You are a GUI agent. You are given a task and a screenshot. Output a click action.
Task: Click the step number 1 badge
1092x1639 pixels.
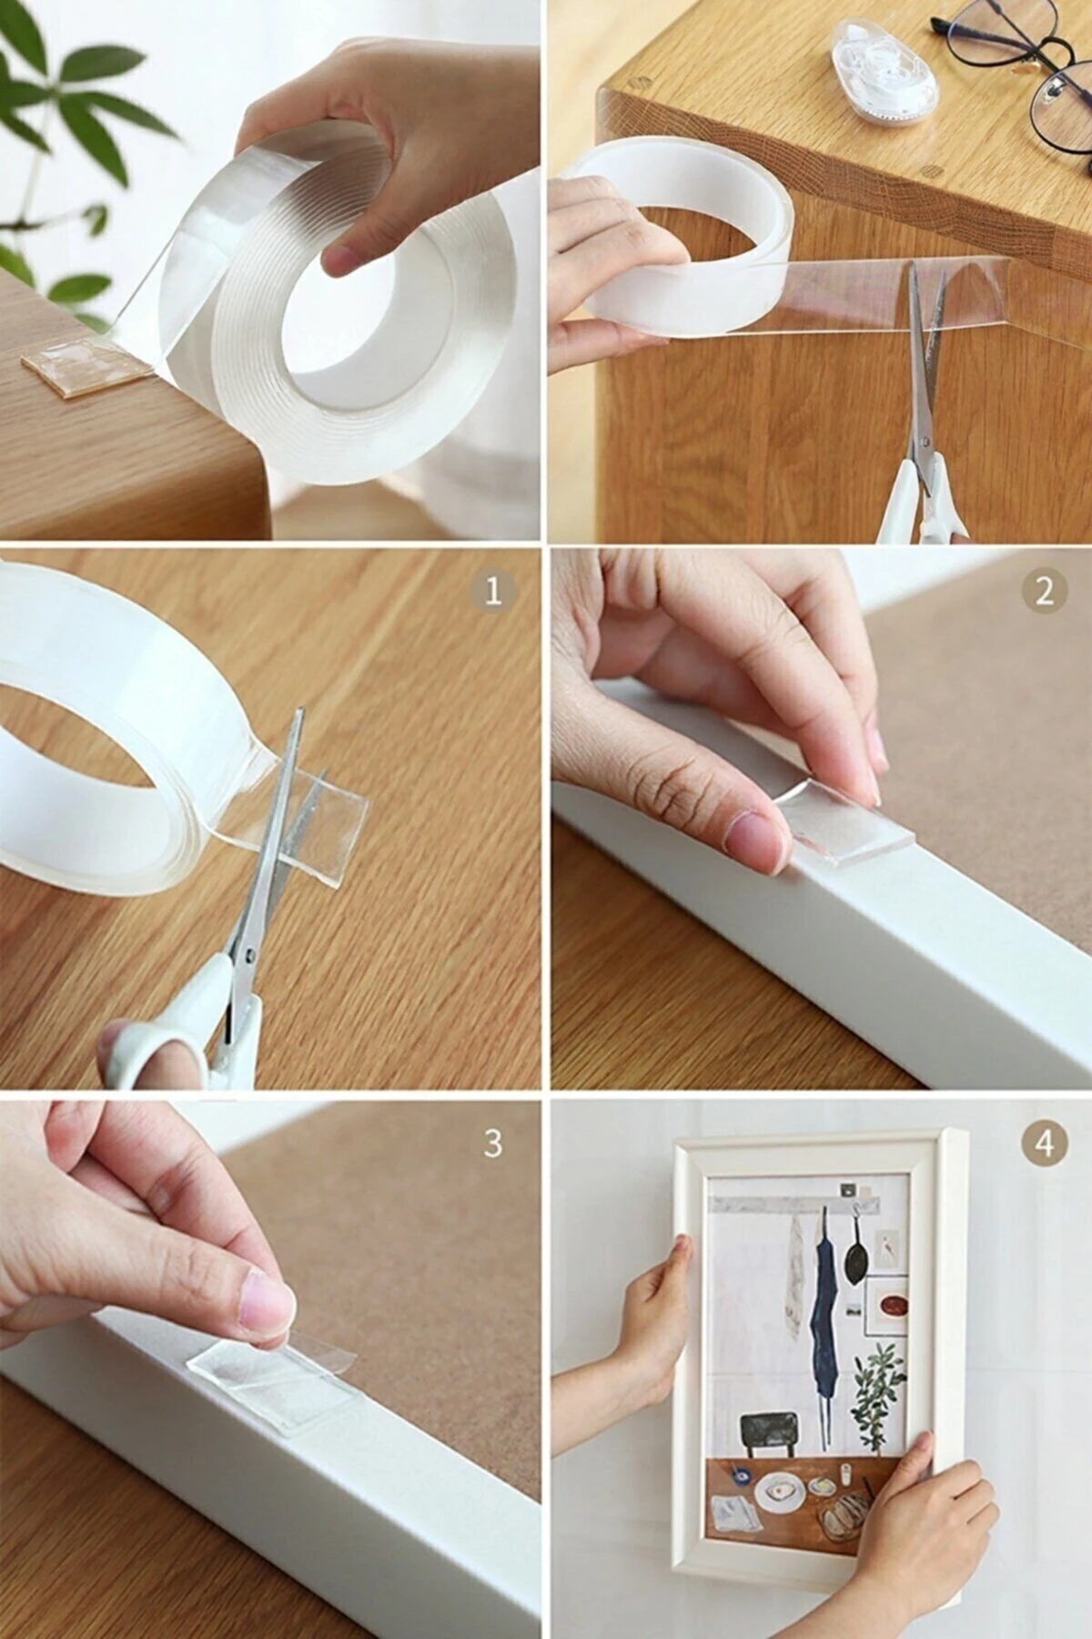click(493, 593)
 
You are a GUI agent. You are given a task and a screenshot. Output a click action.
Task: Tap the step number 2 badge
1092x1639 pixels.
click(1045, 593)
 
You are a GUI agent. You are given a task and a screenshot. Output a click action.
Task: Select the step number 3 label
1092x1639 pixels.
click(492, 1143)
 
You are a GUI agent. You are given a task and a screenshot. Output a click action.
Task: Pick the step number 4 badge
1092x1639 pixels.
click(1045, 1144)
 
